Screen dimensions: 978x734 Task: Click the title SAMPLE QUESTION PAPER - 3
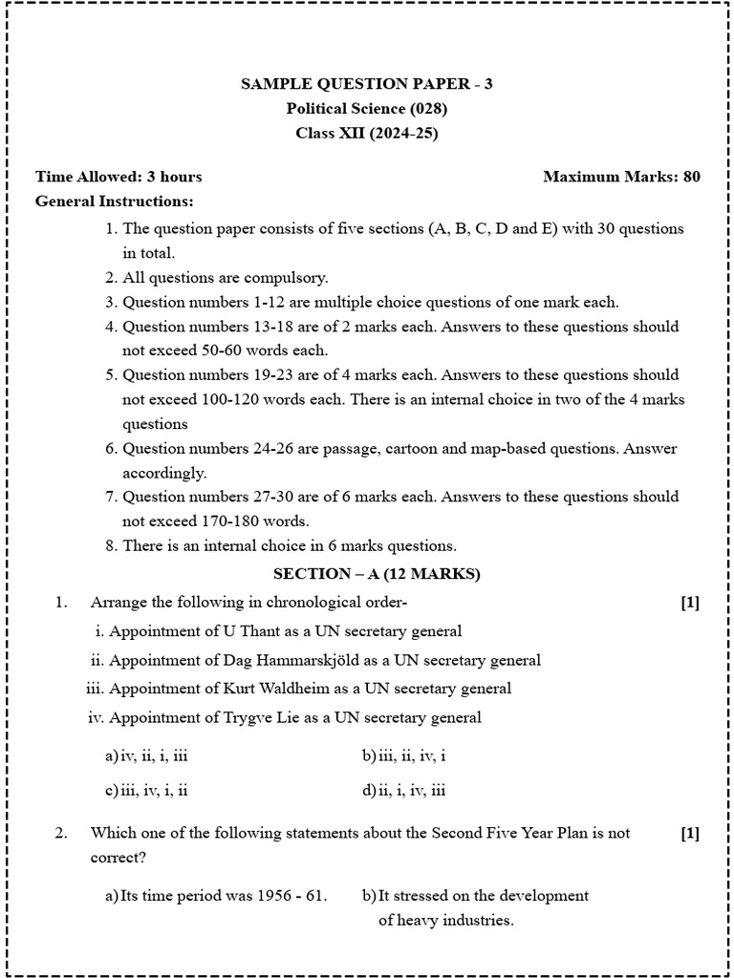point(367,84)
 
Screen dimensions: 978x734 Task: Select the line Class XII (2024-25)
point(367,134)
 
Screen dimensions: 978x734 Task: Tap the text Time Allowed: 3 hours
point(119,177)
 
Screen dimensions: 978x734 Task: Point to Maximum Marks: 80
point(621,177)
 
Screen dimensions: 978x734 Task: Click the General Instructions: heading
point(114,202)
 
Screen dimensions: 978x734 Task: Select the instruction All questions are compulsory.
point(226,278)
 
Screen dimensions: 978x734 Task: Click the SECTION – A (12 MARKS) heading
point(377,574)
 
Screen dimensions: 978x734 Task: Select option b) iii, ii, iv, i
point(404,756)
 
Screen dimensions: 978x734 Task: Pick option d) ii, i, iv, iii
point(404,790)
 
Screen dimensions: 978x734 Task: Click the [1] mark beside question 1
point(690,603)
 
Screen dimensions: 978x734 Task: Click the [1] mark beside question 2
point(690,833)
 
